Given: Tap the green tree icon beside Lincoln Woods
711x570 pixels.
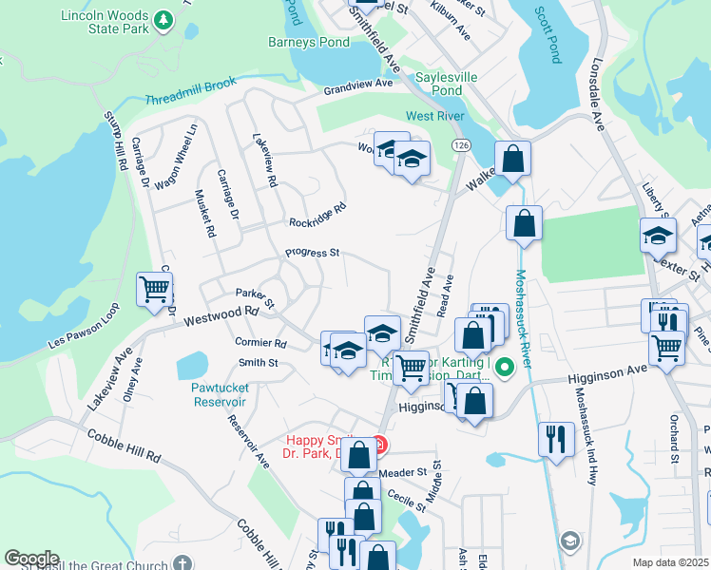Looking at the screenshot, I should pyautogui.click(x=163, y=18).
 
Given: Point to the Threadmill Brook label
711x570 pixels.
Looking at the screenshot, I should pyautogui.click(x=191, y=100).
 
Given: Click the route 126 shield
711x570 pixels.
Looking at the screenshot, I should pyautogui.click(x=462, y=143).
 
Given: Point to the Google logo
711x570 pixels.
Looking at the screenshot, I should pyautogui.click(x=31, y=559).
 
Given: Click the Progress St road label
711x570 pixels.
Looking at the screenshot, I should pyautogui.click(x=312, y=254).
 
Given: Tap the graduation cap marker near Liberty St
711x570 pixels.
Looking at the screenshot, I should pyautogui.click(x=657, y=236).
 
